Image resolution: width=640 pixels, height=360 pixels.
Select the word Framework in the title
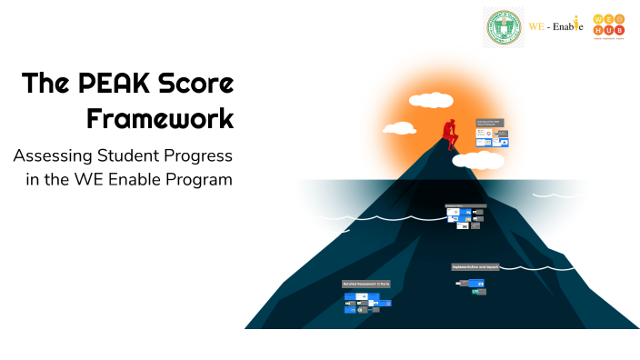click(160, 118)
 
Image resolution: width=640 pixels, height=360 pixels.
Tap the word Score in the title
click(195, 85)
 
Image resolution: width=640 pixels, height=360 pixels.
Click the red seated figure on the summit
click(449, 135)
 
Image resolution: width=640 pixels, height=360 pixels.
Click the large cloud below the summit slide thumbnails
click(478, 161)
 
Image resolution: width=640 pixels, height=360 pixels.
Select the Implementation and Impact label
click(475, 266)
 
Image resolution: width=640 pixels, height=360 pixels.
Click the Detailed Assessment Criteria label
click(365, 284)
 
